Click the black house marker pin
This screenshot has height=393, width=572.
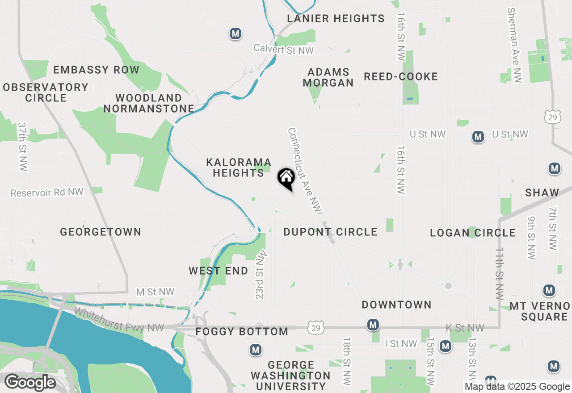tap(286, 178)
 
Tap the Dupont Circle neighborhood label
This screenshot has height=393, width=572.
tap(330, 232)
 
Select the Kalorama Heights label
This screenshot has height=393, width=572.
tap(239, 167)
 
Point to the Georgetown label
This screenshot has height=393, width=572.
tap(101, 232)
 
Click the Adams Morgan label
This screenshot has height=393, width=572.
tap(328, 77)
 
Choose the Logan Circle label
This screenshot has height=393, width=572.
tap(473, 233)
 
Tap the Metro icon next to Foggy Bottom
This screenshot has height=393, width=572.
tap(256, 349)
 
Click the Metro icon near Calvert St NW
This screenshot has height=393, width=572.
tap(236, 33)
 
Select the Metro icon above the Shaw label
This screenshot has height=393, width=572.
tap(554, 169)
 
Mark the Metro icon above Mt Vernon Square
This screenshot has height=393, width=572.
tap(549, 291)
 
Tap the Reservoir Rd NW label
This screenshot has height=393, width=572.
tap(47, 192)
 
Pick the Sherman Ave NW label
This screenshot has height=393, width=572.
tap(515, 45)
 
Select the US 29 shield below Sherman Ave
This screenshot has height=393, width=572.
tap(552, 117)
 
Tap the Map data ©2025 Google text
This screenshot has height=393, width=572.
tap(517, 387)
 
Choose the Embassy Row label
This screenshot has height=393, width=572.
tap(96, 70)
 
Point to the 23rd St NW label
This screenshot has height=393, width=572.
tap(261, 274)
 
